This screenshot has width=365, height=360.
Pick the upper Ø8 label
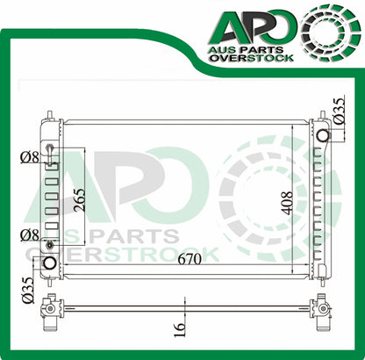pyautogui.click(x=31, y=159)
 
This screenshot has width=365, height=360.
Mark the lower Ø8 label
pyautogui.click(x=31, y=234)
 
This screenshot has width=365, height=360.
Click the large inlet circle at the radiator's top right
pyautogui.click(x=324, y=135)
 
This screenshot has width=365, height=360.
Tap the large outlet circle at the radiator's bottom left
pyautogui.click(x=50, y=263)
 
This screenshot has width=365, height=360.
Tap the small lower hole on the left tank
pyautogui.click(x=50, y=244)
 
